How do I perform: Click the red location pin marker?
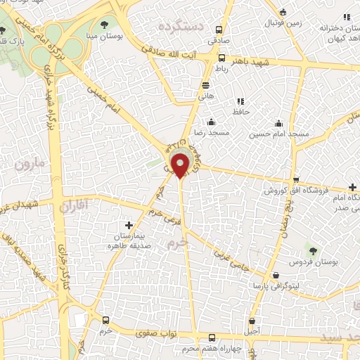point(181,165)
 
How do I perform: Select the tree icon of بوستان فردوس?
point(313,250)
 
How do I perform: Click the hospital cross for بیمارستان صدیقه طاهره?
point(128,224)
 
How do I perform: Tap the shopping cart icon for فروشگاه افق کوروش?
point(296,179)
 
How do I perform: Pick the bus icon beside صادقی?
point(219,30)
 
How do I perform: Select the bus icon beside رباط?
point(221,58)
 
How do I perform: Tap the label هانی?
point(205,93)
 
